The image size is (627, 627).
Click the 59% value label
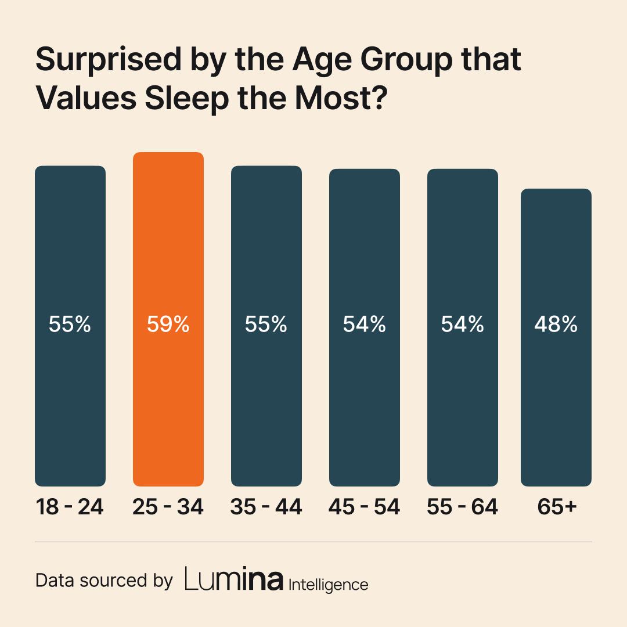(168, 325)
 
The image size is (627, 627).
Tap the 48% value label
(556, 325)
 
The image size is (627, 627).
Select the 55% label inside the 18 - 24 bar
(70, 325)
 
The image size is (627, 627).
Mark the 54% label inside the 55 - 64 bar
(463, 325)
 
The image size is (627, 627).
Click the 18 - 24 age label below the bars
(70, 507)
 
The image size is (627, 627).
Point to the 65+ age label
(556, 507)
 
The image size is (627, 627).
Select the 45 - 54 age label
(364, 507)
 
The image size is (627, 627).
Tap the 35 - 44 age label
(266, 507)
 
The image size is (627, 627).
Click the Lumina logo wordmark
(234, 580)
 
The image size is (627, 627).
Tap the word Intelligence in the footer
(328, 583)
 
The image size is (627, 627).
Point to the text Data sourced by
(105, 581)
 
